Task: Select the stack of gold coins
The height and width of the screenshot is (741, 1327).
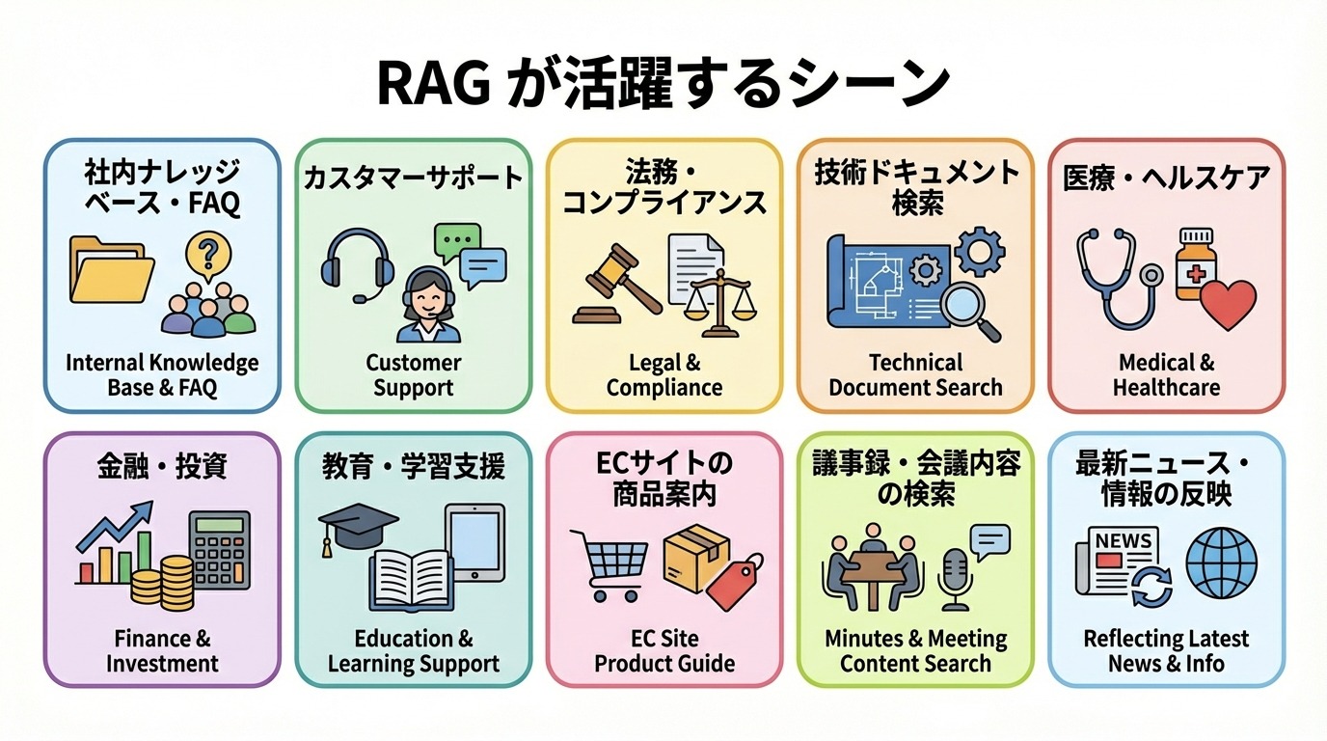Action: tap(162, 583)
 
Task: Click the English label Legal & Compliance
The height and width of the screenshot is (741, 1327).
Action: tap(663, 375)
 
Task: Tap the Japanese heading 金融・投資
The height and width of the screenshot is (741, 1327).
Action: tap(161, 467)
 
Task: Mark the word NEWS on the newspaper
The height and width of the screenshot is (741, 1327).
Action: tap(1123, 540)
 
